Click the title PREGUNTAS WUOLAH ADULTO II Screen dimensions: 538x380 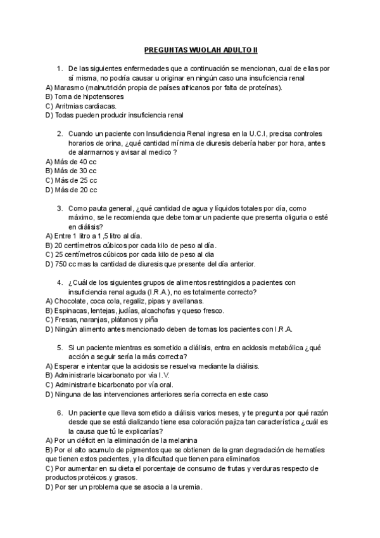(189, 49)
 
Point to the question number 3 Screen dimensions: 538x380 (59, 208)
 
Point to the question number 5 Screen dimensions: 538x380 (59, 348)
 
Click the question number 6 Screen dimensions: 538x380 (59, 412)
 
